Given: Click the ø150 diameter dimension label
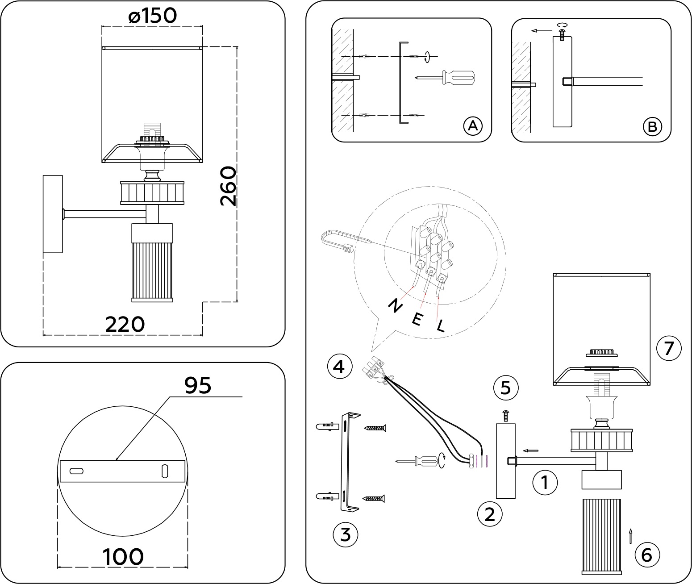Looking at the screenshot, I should click(x=153, y=16).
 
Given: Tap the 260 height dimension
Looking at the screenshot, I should click(x=228, y=186).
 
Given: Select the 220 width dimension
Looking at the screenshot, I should click(x=125, y=324).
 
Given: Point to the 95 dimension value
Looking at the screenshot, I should click(x=198, y=385).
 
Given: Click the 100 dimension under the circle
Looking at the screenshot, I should click(x=123, y=557).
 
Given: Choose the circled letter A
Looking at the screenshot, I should click(x=472, y=126).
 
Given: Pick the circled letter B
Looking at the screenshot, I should click(x=652, y=127).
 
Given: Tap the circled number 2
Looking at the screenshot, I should click(x=490, y=515).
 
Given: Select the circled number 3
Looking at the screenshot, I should click(x=346, y=534).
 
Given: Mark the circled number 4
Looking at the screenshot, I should click(x=339, y=367).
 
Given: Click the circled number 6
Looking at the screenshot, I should click(x=646, y=555).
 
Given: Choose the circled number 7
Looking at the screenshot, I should click(x=669, y=348).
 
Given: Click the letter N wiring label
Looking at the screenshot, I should click(x=395, y=306).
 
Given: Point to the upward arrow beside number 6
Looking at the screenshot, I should click(x=630, y=536).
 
